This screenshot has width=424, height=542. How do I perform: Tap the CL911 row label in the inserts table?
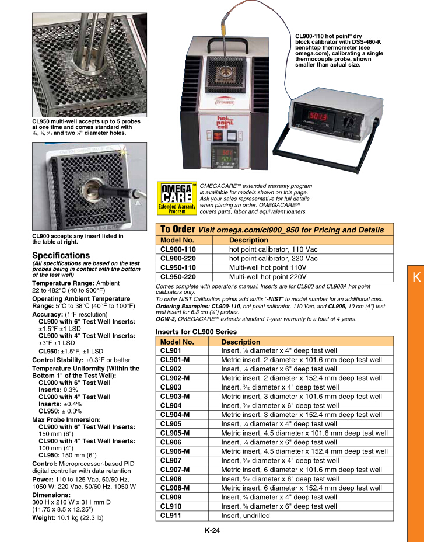click(170, 516)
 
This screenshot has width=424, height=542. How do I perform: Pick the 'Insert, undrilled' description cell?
click(246, 516)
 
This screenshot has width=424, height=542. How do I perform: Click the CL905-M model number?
click(175, 433)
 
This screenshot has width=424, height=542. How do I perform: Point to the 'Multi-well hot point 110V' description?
click(268, 267)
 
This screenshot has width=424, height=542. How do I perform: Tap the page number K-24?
click(212, 531)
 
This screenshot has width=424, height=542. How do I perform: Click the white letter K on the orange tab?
click(415, 278)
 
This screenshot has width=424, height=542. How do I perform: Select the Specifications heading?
click(61, 256)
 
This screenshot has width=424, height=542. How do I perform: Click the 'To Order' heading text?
click(177, 230)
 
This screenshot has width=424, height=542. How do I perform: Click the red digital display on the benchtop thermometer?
click(317, 117)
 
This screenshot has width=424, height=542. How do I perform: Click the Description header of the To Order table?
click(248, 240)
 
